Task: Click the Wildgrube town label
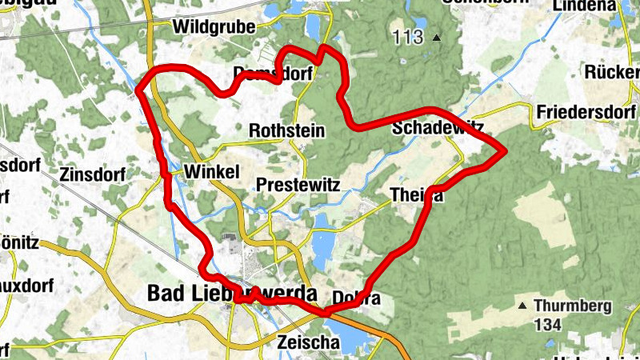click(214, 27)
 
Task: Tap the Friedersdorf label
click(587, 110)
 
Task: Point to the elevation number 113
click(408, 37)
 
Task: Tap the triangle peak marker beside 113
click(436, 38)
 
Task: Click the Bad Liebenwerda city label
click(232, 294)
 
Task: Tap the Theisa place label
click(415, 194)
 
